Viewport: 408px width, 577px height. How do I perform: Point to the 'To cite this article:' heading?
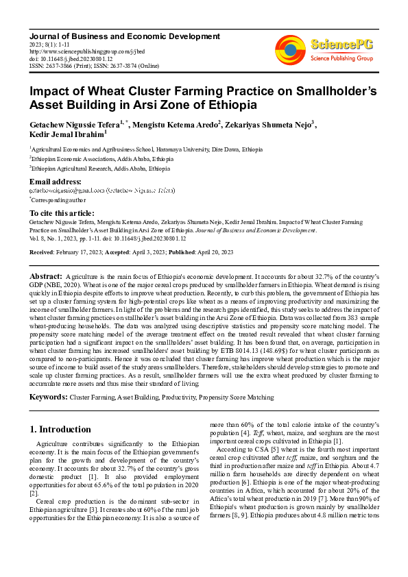[x=62, y=214]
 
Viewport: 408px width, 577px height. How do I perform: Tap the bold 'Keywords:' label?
[x=48, y=397]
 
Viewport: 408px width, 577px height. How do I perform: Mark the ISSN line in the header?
[x=86, y=66]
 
